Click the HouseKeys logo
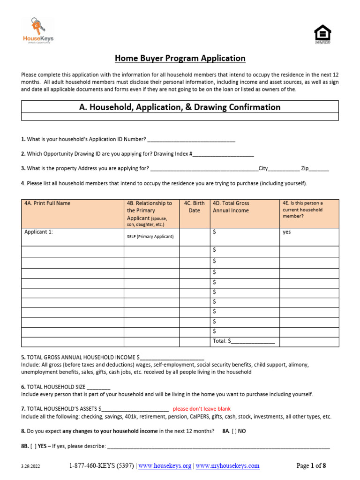[x=38, y=31]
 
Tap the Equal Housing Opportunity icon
[x=322, y=34]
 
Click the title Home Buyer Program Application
[x=180, y=59]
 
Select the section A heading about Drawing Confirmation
[x=180, y=107]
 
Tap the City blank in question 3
[x=284, y=169]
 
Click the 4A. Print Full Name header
[x=47, y=203]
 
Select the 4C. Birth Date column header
[x=194, y=207]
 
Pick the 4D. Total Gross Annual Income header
[x=231, y=207]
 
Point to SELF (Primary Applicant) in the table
[x=150, y=237]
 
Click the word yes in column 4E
[x=286, y=232]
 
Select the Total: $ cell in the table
[x=244, y=341]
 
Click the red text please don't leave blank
[x=202, y=409]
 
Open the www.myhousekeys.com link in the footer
[x=227, y=466]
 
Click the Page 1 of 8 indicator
[x=311, y=466]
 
